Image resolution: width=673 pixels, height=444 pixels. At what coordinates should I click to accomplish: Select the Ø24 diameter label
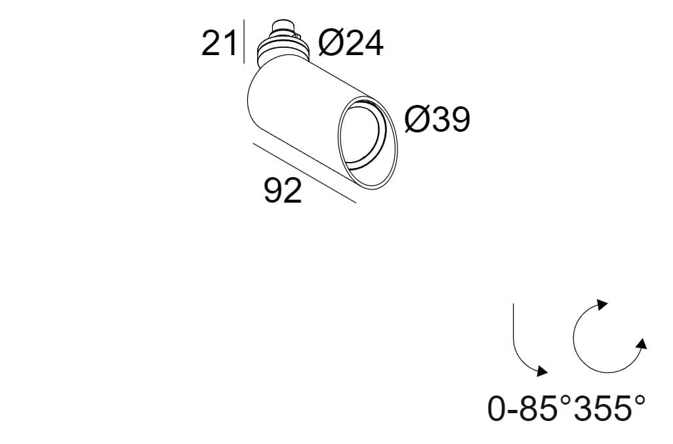pyautogui.click(x=350, y=45)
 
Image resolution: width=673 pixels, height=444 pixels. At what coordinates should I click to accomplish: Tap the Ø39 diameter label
pyautogui.click(x=438, y=121)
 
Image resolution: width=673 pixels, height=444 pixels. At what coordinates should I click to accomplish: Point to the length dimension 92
pyautogui.click(x=283, y=191)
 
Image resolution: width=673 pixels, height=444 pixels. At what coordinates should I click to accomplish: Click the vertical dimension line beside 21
pyautogui.click(x=244, y=42)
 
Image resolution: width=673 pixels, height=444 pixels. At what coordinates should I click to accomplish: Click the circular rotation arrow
pyautogui.click(x=603, y=338)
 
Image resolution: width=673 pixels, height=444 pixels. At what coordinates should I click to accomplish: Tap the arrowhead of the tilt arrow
pyautogui.click(x=542, y=372)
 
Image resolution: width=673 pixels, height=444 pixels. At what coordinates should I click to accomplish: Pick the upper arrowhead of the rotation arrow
pyautogui.click(x=602, y=304)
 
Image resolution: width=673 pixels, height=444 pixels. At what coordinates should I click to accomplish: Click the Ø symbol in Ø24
pyautogui.click(x=330, y=45)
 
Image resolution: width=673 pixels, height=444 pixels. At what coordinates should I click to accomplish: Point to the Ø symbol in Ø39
pyautogui.click(x=417, y=121)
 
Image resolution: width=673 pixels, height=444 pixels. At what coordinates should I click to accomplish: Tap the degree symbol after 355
pyautogui.click(x=640, y=400)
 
